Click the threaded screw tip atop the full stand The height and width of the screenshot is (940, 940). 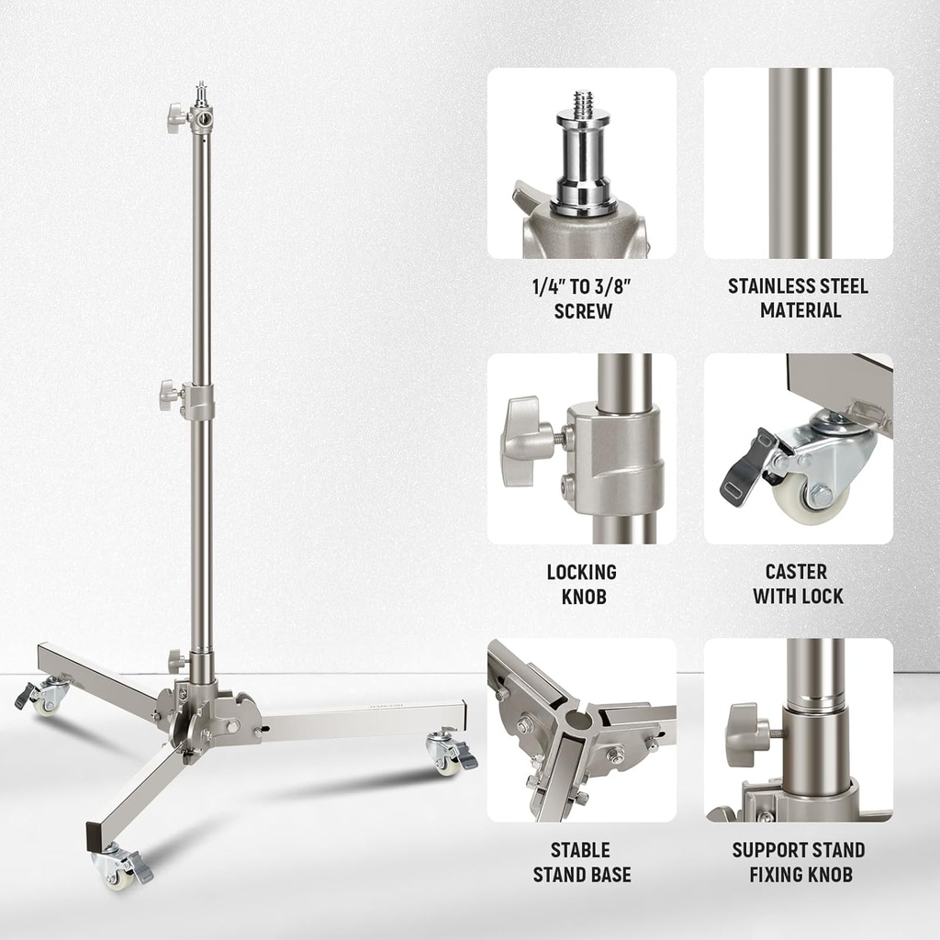coord(200,92)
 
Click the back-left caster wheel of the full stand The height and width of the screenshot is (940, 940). coord(46,698)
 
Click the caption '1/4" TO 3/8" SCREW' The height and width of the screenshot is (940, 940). coord(583,298)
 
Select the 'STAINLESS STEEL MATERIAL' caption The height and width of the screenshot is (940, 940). coord(799,298)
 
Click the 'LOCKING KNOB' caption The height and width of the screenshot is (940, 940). coord(583,584)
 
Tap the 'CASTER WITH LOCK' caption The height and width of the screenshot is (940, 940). coord(799,584)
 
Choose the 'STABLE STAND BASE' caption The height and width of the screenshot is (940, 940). coord(583,862)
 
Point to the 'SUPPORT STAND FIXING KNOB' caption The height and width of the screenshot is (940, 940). coord(799,862)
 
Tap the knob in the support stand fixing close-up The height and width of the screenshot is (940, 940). coord(745,734)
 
